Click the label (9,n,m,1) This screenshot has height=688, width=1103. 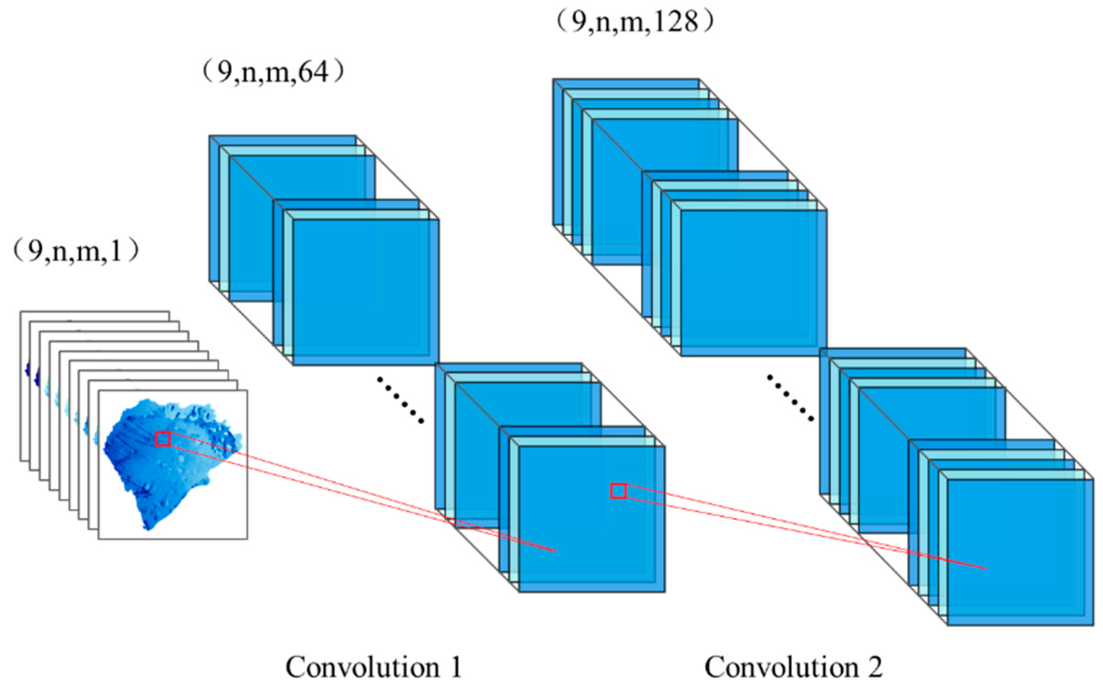point(76,251)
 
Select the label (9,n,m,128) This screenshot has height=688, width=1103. point(635,21)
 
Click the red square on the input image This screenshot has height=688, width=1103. point(162,439)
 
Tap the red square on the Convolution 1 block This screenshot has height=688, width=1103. point(618,491)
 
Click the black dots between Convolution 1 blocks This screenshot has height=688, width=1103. point(400,401)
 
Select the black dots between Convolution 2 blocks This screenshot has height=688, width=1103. point(790,398)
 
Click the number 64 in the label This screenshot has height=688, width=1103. point(313,73)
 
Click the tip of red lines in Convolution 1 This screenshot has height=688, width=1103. point(556,551)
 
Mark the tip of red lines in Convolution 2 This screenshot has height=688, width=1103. point(986,568)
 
